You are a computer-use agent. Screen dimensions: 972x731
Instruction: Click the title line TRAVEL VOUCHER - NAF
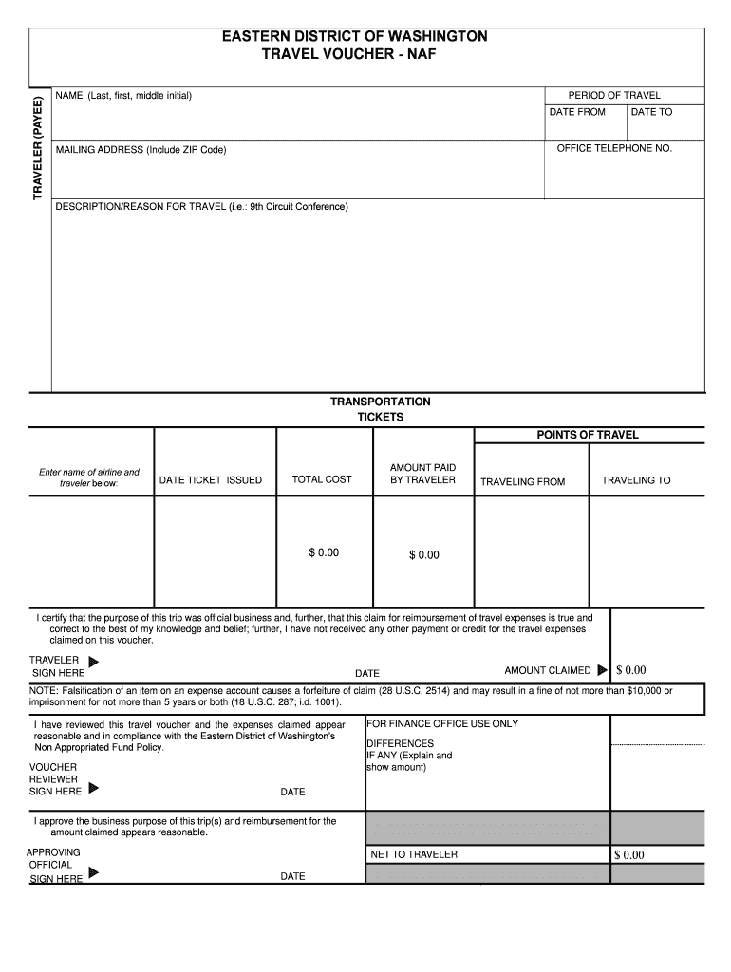coord(354,55)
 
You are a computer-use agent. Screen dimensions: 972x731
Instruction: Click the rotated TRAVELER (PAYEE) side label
coord(39,147)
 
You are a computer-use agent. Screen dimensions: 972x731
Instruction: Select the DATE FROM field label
coord(577,112)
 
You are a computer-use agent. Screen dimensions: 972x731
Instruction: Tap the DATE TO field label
coord(651,112)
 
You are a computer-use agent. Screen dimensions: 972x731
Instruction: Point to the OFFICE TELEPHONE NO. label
coord(614,149)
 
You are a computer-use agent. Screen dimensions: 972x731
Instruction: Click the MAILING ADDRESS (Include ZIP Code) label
coord(141,150)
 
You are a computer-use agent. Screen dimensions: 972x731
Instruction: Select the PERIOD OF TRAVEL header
coord(614,95)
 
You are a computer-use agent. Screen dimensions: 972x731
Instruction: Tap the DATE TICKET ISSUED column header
coord(211,480)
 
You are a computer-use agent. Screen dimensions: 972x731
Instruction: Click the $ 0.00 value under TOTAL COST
coord(323,552)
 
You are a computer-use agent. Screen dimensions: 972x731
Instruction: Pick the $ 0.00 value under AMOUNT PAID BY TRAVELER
coord(424,554)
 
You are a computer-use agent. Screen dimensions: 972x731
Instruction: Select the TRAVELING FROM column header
coord(522,482)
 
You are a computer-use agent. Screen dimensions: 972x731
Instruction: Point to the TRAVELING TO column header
coord(636,480)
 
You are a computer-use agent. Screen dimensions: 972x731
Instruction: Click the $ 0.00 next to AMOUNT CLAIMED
coord(630,670)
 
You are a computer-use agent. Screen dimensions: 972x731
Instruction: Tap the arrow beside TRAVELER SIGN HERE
coord(93,663)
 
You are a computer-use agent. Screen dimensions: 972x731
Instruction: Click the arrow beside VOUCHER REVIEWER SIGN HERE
coord(93,788)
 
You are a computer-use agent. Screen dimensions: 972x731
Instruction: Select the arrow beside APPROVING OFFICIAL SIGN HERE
coord(93,872)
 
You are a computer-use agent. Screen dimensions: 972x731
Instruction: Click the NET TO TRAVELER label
coord(414,854)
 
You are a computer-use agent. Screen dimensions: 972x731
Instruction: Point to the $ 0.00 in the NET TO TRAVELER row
coord(628,855)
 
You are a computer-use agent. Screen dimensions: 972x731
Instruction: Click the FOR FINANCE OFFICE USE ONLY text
coord(442,723)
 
